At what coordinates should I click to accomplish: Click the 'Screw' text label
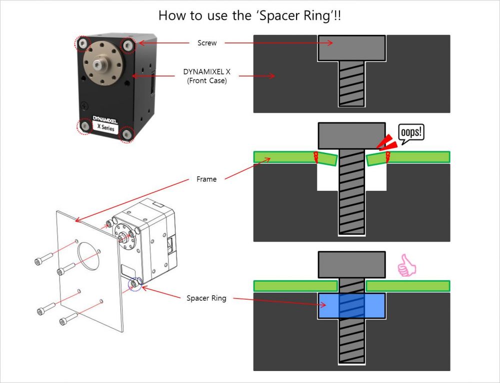tap(207, 43)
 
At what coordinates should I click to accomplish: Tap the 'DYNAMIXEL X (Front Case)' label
tap(207, 76)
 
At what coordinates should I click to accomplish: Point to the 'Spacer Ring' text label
tap(206, 298)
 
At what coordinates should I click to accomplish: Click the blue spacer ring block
tap(351, 306)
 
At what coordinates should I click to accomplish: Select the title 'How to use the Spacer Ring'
tap(250, 15)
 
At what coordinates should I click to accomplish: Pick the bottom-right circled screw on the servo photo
tap(127, 134)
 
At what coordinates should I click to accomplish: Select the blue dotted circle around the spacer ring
tap(134, 284)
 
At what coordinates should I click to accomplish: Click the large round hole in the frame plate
tap(89, 256)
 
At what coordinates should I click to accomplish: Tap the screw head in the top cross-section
tap(351, 47)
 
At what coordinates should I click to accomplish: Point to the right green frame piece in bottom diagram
tap(407, 286)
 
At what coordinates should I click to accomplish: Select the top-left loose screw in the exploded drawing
tap(43, 260)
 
